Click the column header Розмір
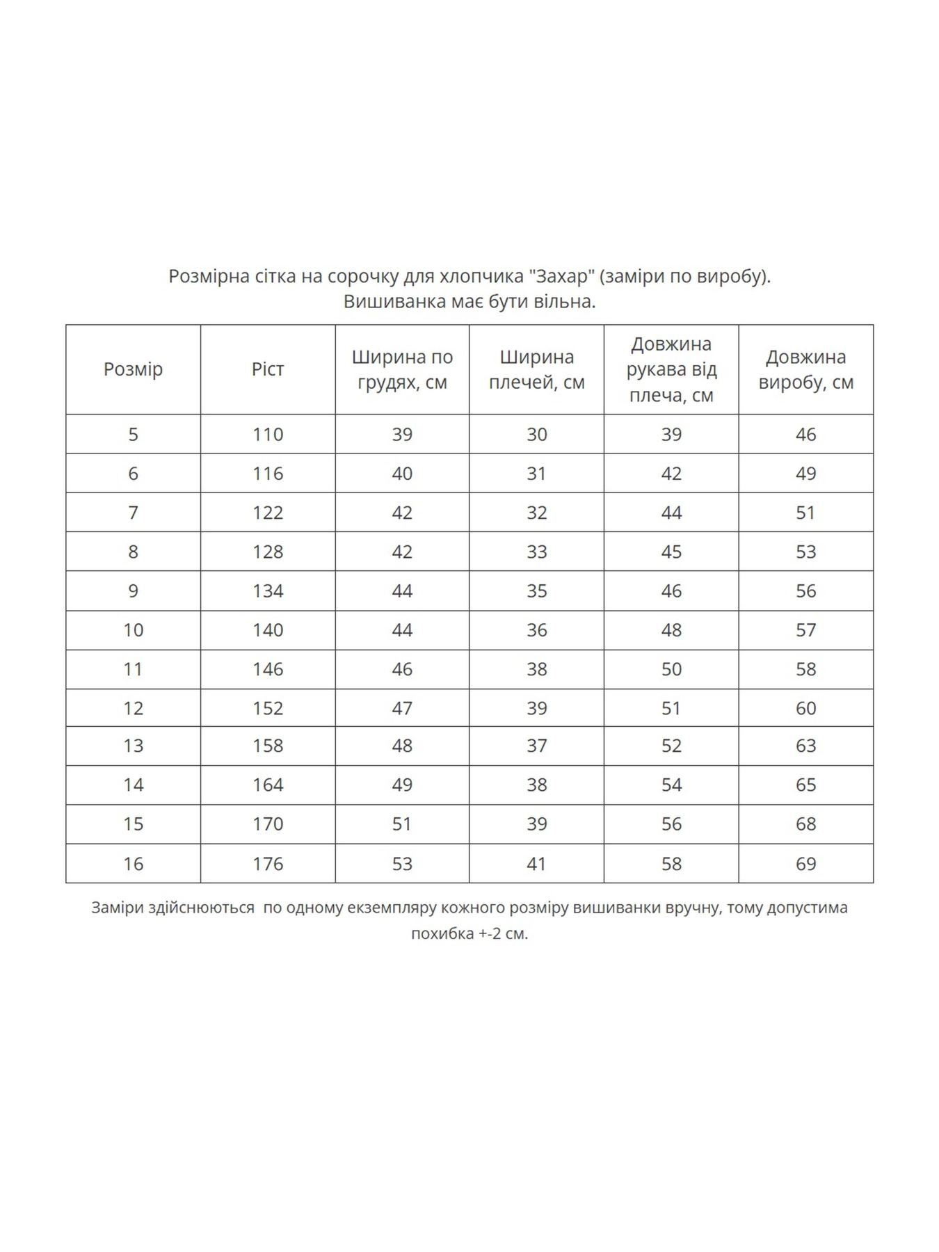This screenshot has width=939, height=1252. (133, 369)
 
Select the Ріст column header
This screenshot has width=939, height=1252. (268, 369)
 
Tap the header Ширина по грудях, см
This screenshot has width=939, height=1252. (402, 369)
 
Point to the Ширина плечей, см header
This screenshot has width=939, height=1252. (536, 369)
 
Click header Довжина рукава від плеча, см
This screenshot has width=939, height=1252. (671, 369)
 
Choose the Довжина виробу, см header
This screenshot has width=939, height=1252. (805, 369)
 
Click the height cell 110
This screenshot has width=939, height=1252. (268, 435)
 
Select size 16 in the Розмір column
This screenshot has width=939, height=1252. (133, 864)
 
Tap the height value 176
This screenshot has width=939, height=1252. (268, 864)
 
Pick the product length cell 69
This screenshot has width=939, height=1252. (805, 864)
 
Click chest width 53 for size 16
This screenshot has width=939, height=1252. (402, 864)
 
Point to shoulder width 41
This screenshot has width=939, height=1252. (536, 864)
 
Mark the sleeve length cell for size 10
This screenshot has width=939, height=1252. (671, 630)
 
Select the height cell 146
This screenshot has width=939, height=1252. (268, 669)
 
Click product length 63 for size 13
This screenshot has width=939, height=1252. (805, 746)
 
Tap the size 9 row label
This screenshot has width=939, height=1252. (133, 591)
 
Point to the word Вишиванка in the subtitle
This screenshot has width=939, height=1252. (394, 302)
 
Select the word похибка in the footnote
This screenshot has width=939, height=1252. (442, 933)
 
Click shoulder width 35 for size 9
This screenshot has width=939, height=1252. (536, 591)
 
